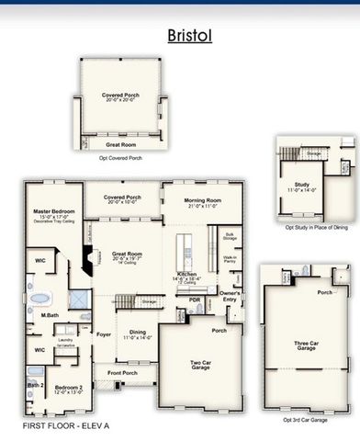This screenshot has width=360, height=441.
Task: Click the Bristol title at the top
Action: (190, 35)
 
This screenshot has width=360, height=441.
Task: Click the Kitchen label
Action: (188, 275)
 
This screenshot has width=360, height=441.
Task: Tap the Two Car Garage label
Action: (199, 363)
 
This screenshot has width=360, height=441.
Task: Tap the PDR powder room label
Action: (195, 300)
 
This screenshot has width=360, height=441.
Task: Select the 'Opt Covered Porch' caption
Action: (120, 158)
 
